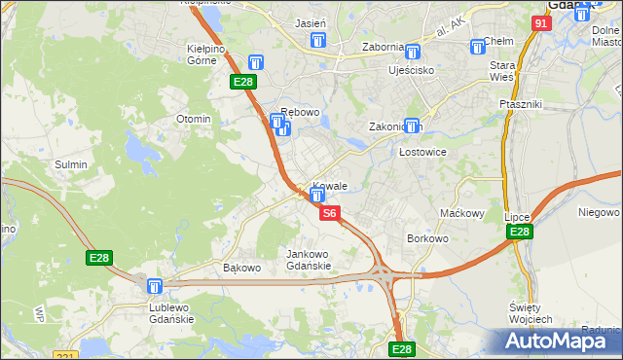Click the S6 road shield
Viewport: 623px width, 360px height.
pyautogui.click(x=330, y=213)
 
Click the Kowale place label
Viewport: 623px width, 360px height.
pyautogui.click(x=331, y=185)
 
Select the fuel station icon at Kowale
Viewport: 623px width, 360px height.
pyautogui.click(x=316, y=196)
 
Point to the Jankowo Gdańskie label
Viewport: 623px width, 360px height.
pyautogui.click(x=309, y=260)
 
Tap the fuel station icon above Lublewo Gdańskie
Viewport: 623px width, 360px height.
pyautogui.click(x=154, y=286)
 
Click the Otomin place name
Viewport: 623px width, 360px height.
pyautogui.click(x=193, y=119)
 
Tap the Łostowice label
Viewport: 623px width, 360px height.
pyautogui.click(x=423, y=153)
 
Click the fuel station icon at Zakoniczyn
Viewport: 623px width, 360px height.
pyautogui.click(x=412, y=126)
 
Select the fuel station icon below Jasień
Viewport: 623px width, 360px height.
pyautogui.click(x=316, y=40)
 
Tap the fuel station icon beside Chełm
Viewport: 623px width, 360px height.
pyautogui.click(x=478, y=46)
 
